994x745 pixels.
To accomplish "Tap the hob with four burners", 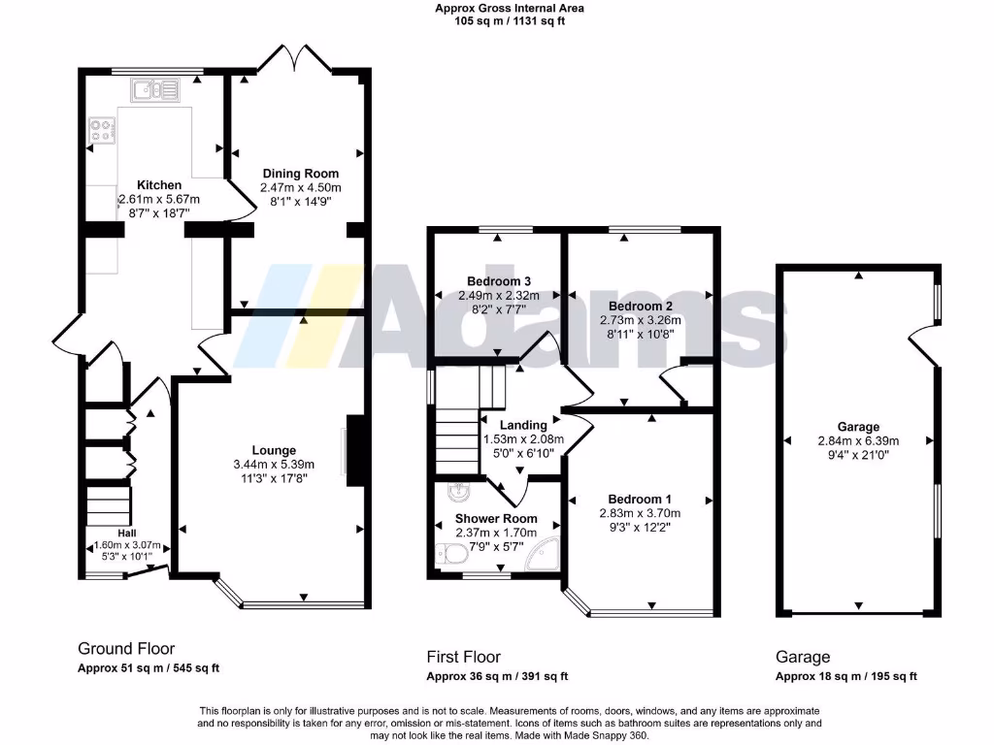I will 101,130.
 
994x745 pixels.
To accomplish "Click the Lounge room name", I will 274,450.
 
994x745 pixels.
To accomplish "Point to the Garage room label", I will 858,426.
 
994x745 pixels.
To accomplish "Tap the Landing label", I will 522,425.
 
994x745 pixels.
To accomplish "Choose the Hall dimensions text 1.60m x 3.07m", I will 127,545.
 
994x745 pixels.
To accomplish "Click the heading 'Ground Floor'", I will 126,648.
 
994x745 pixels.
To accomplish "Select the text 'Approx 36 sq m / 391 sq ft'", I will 497,677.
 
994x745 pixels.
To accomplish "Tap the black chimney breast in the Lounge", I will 356,449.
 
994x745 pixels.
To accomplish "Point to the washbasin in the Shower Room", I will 459,490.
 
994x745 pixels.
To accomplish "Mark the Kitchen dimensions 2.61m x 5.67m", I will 158,199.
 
